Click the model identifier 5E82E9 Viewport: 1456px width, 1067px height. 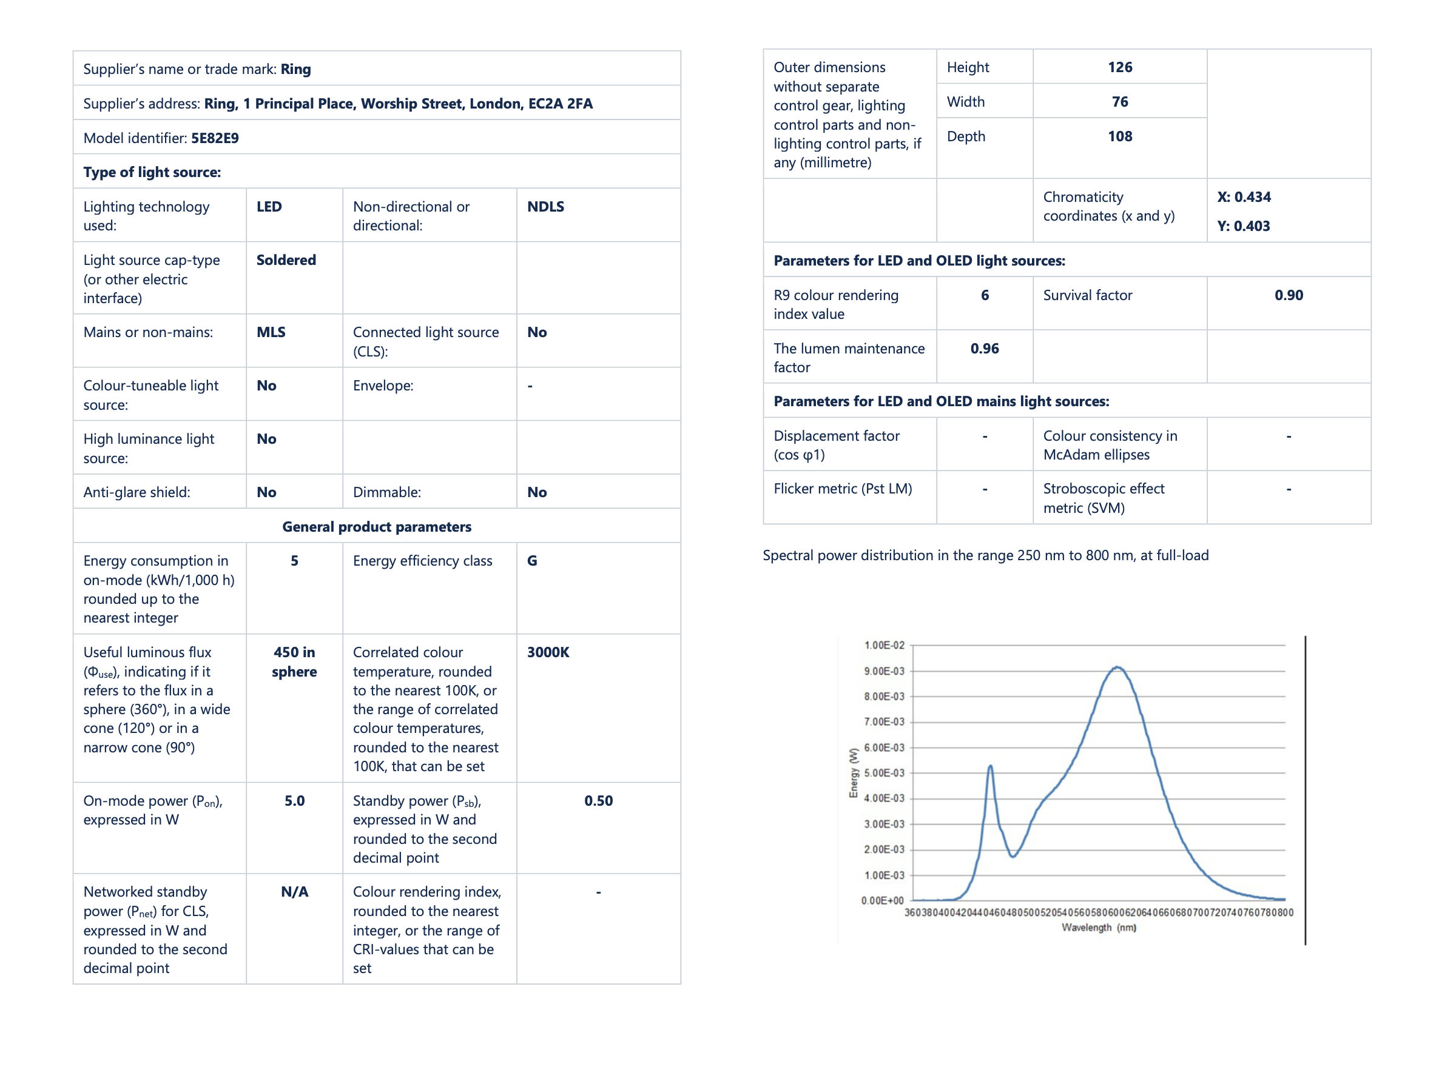coord(215,138)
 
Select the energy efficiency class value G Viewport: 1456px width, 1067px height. coord(532,561)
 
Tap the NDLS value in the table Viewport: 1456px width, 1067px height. coord(545,207)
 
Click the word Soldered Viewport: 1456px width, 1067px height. coord(286,259)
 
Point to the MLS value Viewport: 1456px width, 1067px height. coord(271,332)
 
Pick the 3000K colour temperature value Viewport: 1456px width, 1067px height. coord(548,652)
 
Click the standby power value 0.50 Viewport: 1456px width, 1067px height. coord(598,801)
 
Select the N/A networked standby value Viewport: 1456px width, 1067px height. coord(294,892)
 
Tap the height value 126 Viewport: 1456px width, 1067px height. coord(1119,67)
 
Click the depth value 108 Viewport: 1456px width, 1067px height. coord(1119,136)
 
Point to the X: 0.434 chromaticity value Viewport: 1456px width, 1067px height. coord(1244,197)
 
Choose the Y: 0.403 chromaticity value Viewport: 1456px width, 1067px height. coord(1244,226)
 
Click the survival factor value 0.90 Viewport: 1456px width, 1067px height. coord(1289,295)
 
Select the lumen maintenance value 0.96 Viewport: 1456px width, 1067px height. coord(984,349)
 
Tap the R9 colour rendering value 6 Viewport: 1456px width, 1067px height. coord(984,295)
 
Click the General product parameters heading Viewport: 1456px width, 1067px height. coord(377,526)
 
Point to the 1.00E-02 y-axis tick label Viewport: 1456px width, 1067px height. coord(884,645)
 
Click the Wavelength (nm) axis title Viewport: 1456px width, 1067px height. coord(1099,928)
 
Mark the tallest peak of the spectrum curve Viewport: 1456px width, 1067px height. coord(1117,667)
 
